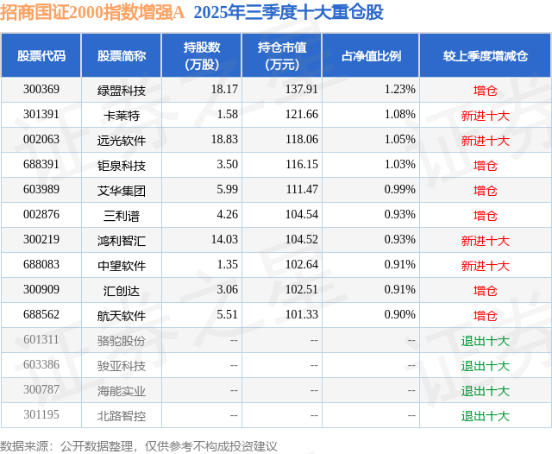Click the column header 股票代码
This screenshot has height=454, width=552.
click(x=41, y=56)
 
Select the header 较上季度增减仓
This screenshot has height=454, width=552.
click(x=485, y=56)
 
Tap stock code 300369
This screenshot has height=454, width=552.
click(x=41, y=89)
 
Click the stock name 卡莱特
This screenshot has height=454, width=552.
click(x=122, y=115)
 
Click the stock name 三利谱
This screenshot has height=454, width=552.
click(x=122, y=215)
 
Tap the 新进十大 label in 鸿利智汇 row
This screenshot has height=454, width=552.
click(x=485, y=241)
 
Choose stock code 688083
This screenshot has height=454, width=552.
click(x=41, y=266)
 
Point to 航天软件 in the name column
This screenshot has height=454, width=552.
click(x=122, y=316)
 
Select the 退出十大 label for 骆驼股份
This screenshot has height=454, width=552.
click(x=485, y=341)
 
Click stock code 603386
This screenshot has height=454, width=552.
click(x=41, y=366)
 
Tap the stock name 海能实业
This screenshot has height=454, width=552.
click(x=122, y=391)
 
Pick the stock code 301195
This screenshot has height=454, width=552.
click(x=41, y=416)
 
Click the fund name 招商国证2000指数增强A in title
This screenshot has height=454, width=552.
click(x=93, y=12)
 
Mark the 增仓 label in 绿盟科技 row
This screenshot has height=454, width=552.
click(x=485, y=89)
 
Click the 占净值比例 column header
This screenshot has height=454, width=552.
click(x=371, y=56)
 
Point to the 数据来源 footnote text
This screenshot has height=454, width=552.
click(x=139, y=446)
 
